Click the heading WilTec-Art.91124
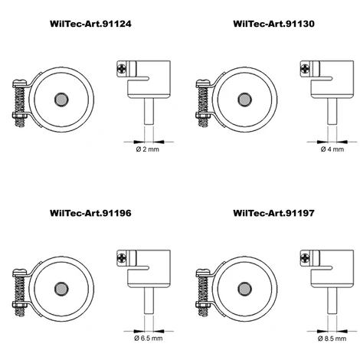(90, 24)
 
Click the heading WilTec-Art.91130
(273, 24)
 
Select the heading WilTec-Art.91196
(90, 213)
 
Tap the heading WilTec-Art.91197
(273, 213)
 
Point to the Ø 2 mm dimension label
(147, 149)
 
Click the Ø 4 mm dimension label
(332, 149)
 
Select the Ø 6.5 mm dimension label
(149, 339)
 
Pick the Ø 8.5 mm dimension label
(332, 339)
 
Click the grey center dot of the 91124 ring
(61, 100)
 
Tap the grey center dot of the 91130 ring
(244, 100)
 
